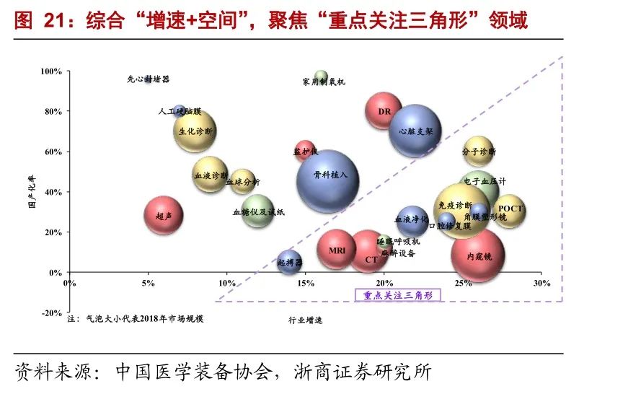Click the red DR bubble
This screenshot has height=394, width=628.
click(384, 111)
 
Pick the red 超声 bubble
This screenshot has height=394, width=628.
click(164, 215)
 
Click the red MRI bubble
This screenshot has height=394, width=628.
click(337, 250)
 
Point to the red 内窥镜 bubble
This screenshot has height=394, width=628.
click(478, 255)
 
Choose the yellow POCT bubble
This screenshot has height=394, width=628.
click(510, 211)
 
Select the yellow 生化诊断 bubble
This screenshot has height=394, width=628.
click(195, 131)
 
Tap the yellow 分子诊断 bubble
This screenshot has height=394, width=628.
click(478, 152)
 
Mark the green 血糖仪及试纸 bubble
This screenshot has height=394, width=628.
click(257, 211)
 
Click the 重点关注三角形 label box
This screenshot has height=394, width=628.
click(397, 295)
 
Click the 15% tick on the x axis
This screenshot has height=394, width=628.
click(306, 283)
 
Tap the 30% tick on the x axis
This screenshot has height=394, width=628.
click(541, 283)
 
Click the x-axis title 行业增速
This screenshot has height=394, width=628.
click(305, 319)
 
